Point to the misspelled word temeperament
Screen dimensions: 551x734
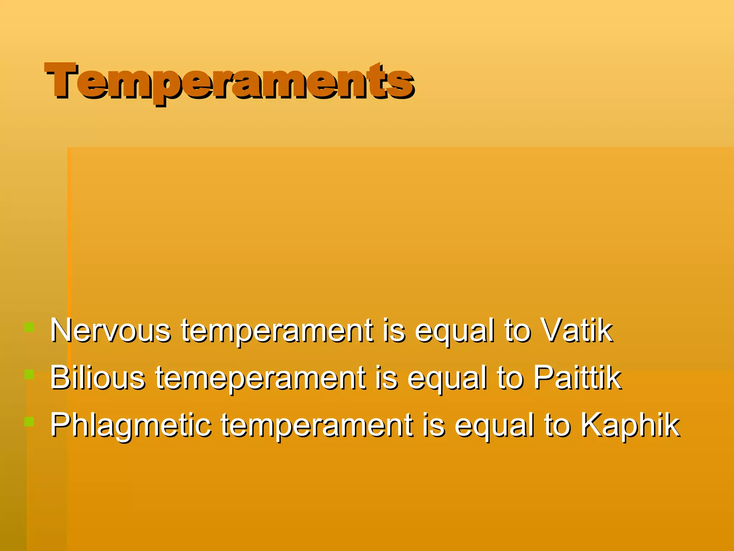[261, 379]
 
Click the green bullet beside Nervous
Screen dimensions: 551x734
[29, 327]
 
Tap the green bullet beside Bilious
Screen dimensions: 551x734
[29, 375]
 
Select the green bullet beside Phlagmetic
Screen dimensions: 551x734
[29, 422]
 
